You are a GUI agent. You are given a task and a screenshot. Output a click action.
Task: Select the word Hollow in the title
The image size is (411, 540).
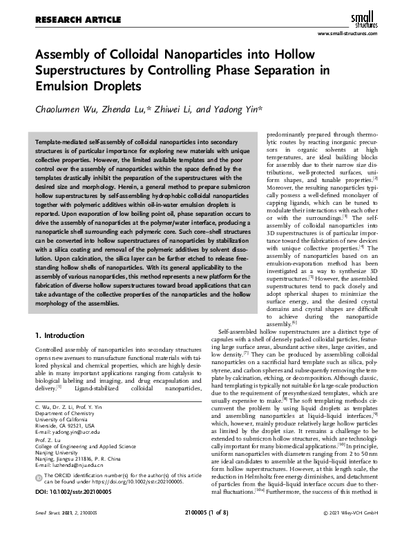(287, 54)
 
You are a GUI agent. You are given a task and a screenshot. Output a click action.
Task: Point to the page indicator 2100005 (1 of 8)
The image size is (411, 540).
(205, 532)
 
